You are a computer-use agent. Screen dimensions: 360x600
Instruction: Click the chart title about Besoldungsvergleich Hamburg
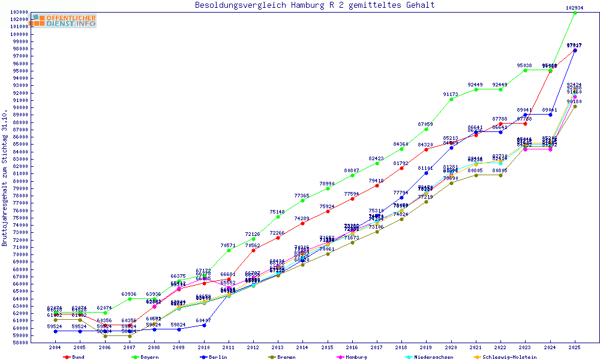(314, 5)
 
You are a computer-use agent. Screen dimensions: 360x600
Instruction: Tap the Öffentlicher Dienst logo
(64, 20)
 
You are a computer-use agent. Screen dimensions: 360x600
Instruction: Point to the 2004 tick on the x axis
(55, 347)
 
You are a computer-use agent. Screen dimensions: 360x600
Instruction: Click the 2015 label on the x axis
(327, 347)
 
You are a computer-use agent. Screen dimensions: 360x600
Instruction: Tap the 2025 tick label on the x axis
(575, 347)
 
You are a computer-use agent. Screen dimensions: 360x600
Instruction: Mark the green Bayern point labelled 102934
(575, 12)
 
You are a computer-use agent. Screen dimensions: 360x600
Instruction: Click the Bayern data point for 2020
(451, 98)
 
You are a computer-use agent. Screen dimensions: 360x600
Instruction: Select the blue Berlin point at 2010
(204, 325)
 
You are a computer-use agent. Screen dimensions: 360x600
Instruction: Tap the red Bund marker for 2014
(302, 223)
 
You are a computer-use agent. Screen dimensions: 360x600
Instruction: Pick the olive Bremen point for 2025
(575, 106)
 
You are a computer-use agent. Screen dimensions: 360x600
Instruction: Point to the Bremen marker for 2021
(476, 175)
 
